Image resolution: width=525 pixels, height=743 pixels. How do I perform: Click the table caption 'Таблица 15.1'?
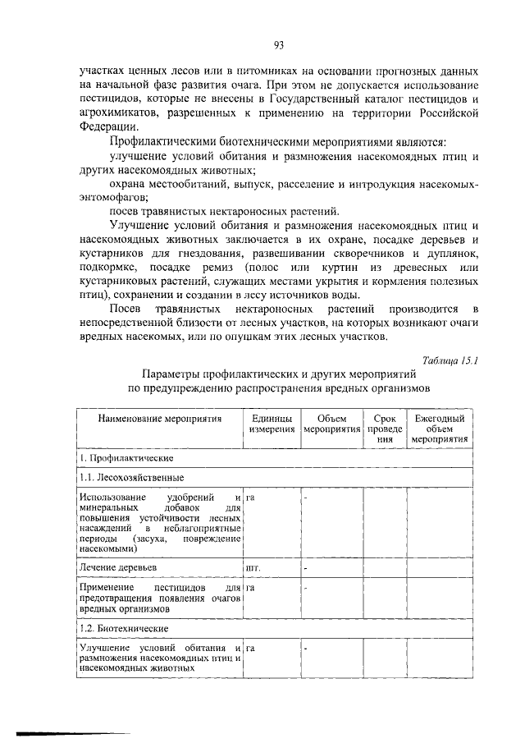click(x=450, y=360)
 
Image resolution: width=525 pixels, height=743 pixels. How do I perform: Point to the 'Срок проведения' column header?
click(x=384, y=429)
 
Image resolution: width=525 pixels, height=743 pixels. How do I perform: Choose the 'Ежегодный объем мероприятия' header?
click(x=440, y=429)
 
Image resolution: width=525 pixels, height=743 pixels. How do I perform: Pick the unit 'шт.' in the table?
click(x=253, y=567)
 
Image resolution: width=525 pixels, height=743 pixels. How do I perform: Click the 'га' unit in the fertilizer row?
click(x=250, y=498)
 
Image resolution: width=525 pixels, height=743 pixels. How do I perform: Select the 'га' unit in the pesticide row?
click(x=250, y=588)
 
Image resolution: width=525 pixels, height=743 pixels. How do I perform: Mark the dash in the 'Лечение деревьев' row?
click(x=306, y=567)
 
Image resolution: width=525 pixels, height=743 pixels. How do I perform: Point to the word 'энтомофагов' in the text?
click(x=116, y=197)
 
